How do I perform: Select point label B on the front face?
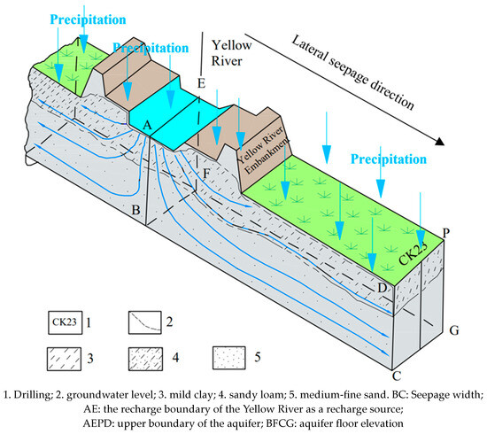tap(135, 210)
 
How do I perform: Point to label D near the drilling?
tap(383, 287)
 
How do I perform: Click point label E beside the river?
tap(201, 84)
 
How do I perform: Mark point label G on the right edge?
tap(453, 331)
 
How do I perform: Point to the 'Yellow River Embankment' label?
tap(265, 159)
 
